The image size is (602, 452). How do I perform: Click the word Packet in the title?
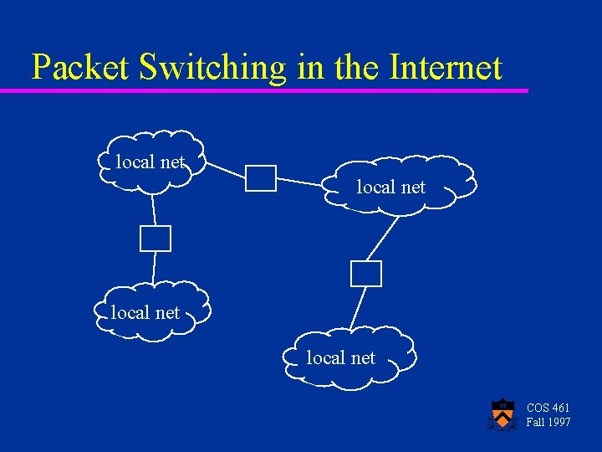[79, 68]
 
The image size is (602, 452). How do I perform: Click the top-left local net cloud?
[150, 162]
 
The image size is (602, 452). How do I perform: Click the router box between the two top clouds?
[261, 178]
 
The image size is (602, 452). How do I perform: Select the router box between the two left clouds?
[156, 239]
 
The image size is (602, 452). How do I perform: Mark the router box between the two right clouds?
[366, 274]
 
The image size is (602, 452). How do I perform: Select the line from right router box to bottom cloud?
[357, 307]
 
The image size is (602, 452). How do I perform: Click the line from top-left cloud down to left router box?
[154, 209]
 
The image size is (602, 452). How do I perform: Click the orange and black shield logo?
[502, 414]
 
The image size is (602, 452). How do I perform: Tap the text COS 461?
[548, 408]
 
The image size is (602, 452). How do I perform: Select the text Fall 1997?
[548, 422]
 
